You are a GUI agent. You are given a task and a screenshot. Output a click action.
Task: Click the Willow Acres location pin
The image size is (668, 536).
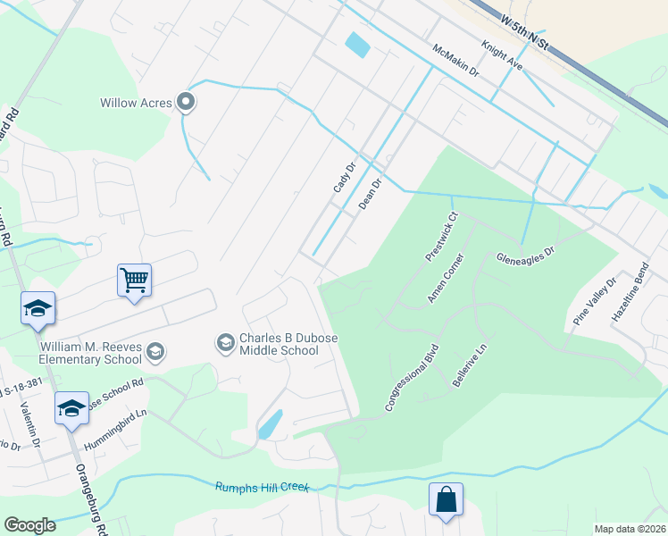[x=187, y=103]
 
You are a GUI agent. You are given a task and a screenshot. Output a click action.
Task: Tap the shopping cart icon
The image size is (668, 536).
[x=134, y=281]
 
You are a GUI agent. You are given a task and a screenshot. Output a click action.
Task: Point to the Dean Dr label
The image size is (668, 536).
[x=370, y=193]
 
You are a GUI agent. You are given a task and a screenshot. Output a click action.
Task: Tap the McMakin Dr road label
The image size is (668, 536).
[x=455, y=61]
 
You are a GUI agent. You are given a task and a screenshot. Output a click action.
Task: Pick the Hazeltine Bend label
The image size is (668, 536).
[x=628, y=294]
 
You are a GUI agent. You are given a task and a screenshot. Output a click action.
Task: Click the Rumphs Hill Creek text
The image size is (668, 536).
[x=262, y=487]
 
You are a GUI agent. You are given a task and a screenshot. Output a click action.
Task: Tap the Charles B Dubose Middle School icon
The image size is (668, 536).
[x=224, y=343]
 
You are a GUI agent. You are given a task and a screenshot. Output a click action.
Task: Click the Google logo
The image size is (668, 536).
[x=29, y=525]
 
